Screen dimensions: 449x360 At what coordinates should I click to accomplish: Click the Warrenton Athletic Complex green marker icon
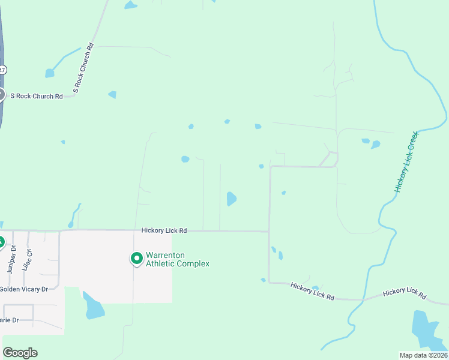[136, 259]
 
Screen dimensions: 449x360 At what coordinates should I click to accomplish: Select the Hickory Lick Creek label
[405, 162]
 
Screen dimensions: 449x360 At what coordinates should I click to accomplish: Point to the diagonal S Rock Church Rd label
[83, 67]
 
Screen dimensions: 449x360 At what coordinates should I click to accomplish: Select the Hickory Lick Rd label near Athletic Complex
[164, 230]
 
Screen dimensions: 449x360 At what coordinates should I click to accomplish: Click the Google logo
[20, 353]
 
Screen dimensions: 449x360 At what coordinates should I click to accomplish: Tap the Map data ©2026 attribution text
[423, 355]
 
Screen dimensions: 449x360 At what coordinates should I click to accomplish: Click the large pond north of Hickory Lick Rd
[231, 199]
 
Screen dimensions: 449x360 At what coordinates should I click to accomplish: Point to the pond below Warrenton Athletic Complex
[93, 307]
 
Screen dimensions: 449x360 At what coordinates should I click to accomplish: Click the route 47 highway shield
[2, 70]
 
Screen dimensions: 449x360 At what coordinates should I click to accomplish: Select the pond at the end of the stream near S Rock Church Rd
[49, 73]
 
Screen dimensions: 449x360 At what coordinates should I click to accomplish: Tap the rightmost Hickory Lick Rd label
[405, 293]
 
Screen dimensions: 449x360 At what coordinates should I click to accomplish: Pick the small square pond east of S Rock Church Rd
[112, 95]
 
